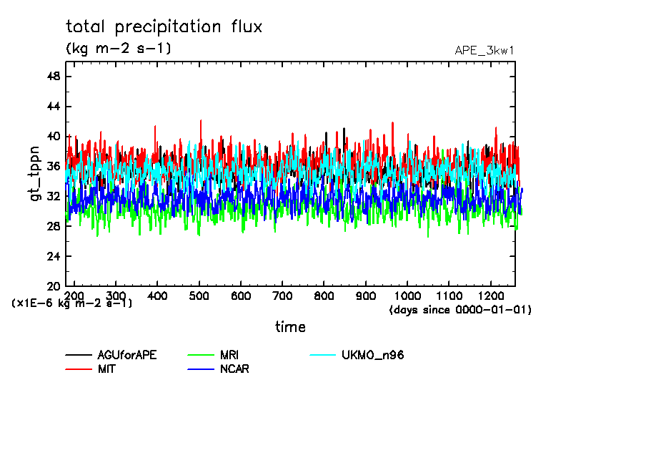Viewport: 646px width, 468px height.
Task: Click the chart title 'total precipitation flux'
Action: [x=164, y=27]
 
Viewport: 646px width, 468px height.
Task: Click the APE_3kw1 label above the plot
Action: [x=484, y=50]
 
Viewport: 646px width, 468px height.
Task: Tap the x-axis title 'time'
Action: [x=290, y=327]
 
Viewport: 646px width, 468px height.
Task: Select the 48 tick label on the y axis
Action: [x=54, y=77]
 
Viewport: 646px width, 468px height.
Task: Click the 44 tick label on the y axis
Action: [x=54, y=107]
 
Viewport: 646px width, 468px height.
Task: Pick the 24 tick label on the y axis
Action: [x=54, y=256]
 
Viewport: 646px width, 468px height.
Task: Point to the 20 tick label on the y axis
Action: [x=54, y=286]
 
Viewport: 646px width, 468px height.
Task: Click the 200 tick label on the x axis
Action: [x=74, y=296]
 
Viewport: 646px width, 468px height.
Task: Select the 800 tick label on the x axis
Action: [x=324, y=296]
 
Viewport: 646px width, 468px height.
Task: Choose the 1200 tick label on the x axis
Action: [x=491, y=296]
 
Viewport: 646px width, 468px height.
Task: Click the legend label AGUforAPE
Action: [x=127, y=355]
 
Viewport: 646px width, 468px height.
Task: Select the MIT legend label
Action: [x=107, y=369]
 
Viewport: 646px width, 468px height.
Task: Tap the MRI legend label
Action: [x=229, y=355]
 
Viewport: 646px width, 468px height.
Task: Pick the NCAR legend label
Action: [x=234, y=369]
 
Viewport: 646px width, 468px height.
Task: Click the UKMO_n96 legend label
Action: [x=373, y=355]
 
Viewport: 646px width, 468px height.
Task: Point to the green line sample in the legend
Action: [x=200, y=355]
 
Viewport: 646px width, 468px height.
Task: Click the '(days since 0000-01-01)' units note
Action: [x=460, y=310]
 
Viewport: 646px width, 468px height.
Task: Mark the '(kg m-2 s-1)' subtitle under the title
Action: [x=118, y=49]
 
